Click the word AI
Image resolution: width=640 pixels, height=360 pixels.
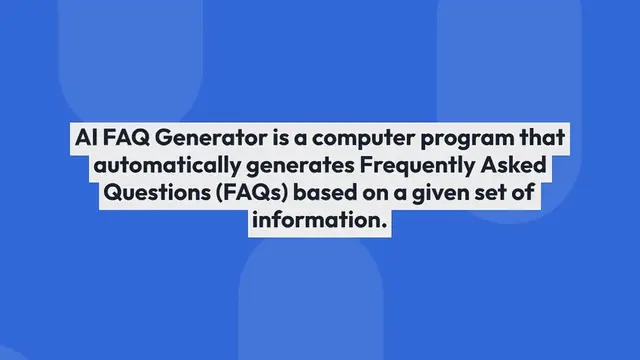86,138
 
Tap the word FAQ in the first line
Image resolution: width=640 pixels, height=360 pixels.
125,138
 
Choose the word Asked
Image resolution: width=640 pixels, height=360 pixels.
520,166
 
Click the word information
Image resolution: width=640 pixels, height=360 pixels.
319,222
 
